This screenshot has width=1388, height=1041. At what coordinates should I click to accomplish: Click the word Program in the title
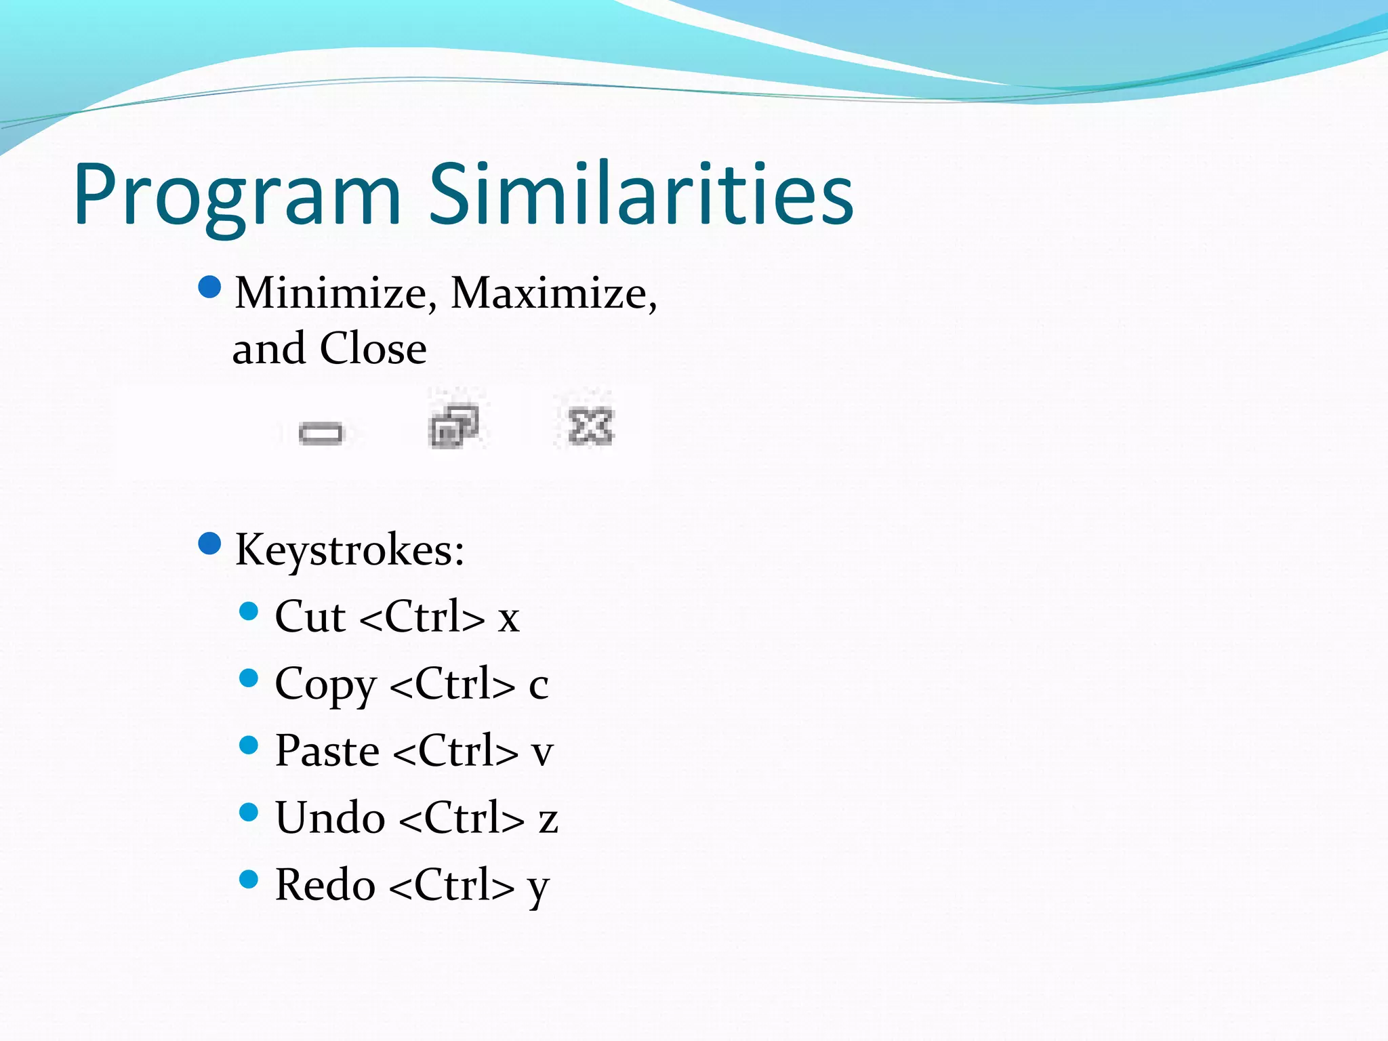coord(237,197)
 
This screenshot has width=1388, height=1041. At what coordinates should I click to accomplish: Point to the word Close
coord(373,349)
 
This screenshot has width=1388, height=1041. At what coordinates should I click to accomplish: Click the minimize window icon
coord(321,432)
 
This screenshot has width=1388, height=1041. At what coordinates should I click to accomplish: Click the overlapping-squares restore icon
coord(454,426)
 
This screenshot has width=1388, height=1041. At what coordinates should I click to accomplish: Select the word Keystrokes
coord(349,550)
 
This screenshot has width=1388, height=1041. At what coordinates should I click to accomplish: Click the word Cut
coord(310,617)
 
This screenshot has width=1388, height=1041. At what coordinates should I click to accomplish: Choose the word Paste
coord(327,752)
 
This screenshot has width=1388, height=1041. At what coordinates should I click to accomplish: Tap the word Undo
coord(331,818)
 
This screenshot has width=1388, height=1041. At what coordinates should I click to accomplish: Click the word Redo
coord(325,885)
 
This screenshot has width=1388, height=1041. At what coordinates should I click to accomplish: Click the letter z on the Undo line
coord(548,820)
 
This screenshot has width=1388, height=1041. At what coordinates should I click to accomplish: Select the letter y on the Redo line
coord(538,888)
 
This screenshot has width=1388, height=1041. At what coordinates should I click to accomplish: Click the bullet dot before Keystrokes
coord(210,544)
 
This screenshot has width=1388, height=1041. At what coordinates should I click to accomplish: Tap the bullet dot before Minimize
coord(210,287)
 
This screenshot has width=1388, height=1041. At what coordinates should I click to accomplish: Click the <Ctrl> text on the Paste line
coord(455,752)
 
